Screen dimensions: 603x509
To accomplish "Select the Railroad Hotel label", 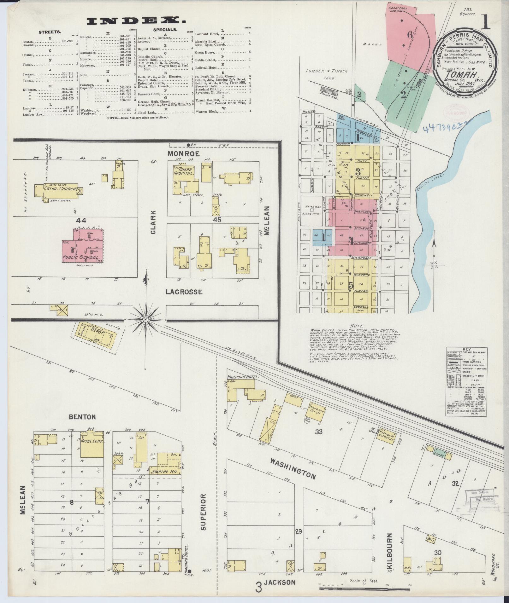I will pos(243,377).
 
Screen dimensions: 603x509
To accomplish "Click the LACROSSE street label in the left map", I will pos(184,292).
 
